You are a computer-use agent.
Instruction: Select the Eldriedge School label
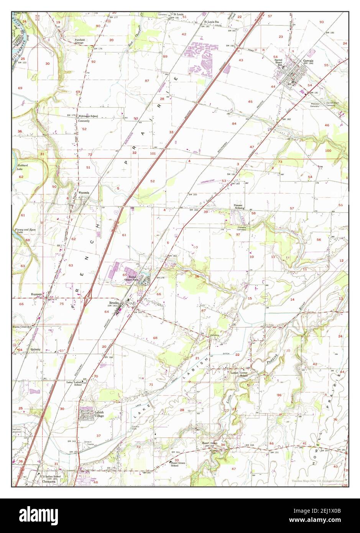pyautogui.click(x=88, y=116)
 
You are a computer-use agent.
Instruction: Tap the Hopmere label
pyautogui.click(x=36, y=295)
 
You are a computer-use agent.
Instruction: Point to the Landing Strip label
pyautogui.click(x=207, y=182)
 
